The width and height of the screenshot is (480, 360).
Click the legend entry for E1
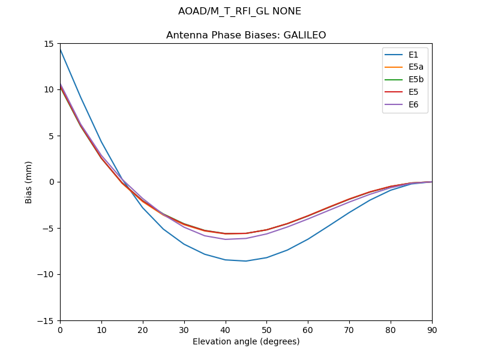click(x=405, y=55)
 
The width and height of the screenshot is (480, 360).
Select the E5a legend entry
click(x=405, y=67)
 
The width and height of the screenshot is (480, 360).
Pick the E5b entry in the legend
click(x=405, y=80)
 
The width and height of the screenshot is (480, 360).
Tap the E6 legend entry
click(x=405, y=105)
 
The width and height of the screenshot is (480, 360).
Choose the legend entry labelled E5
click(x=405, y=92)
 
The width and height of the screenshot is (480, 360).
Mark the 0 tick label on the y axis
click(x=53, y=182)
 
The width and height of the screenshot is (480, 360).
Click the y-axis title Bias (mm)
click(x=29, y=182)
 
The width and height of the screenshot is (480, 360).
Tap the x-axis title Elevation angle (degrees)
click(x=246, y=342)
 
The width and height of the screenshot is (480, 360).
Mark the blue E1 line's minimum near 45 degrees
click(x=246, y=261)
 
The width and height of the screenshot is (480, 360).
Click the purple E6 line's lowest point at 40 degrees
click(x=226, y=239)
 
